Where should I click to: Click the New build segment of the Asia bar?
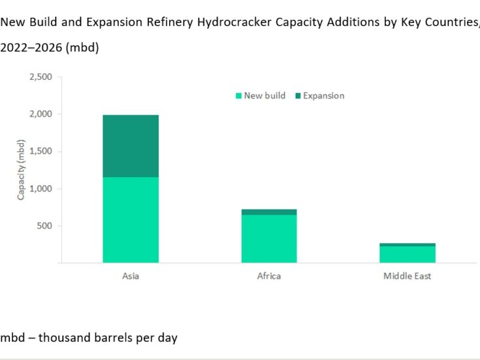click(x=131, y=220)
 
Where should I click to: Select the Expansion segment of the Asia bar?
click(x=131, y=146)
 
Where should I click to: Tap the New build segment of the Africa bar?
click(x=269, y=238)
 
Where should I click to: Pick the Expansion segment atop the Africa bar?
click(x=269, y=212)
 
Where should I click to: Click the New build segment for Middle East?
click(x=408, y=254)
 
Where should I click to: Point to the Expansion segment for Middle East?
click(x=408, y=244)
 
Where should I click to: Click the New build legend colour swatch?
click(x=239, y=96)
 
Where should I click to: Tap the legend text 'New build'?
click(x=264, y=96)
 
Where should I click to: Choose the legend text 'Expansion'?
click(x=323, y=96)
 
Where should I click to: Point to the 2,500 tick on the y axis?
click(x=41, y=77)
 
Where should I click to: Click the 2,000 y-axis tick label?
click(x=41, y=114)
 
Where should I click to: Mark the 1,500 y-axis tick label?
click(x=41, y=152)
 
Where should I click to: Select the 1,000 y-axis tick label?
click(x=41, y=189)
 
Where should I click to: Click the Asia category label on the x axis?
click(x=131, y=276)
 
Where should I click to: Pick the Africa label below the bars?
click(x=269, y=276)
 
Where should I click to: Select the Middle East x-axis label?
click(x=408, y=276)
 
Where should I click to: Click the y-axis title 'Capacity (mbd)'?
click(x=22, y=170)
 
